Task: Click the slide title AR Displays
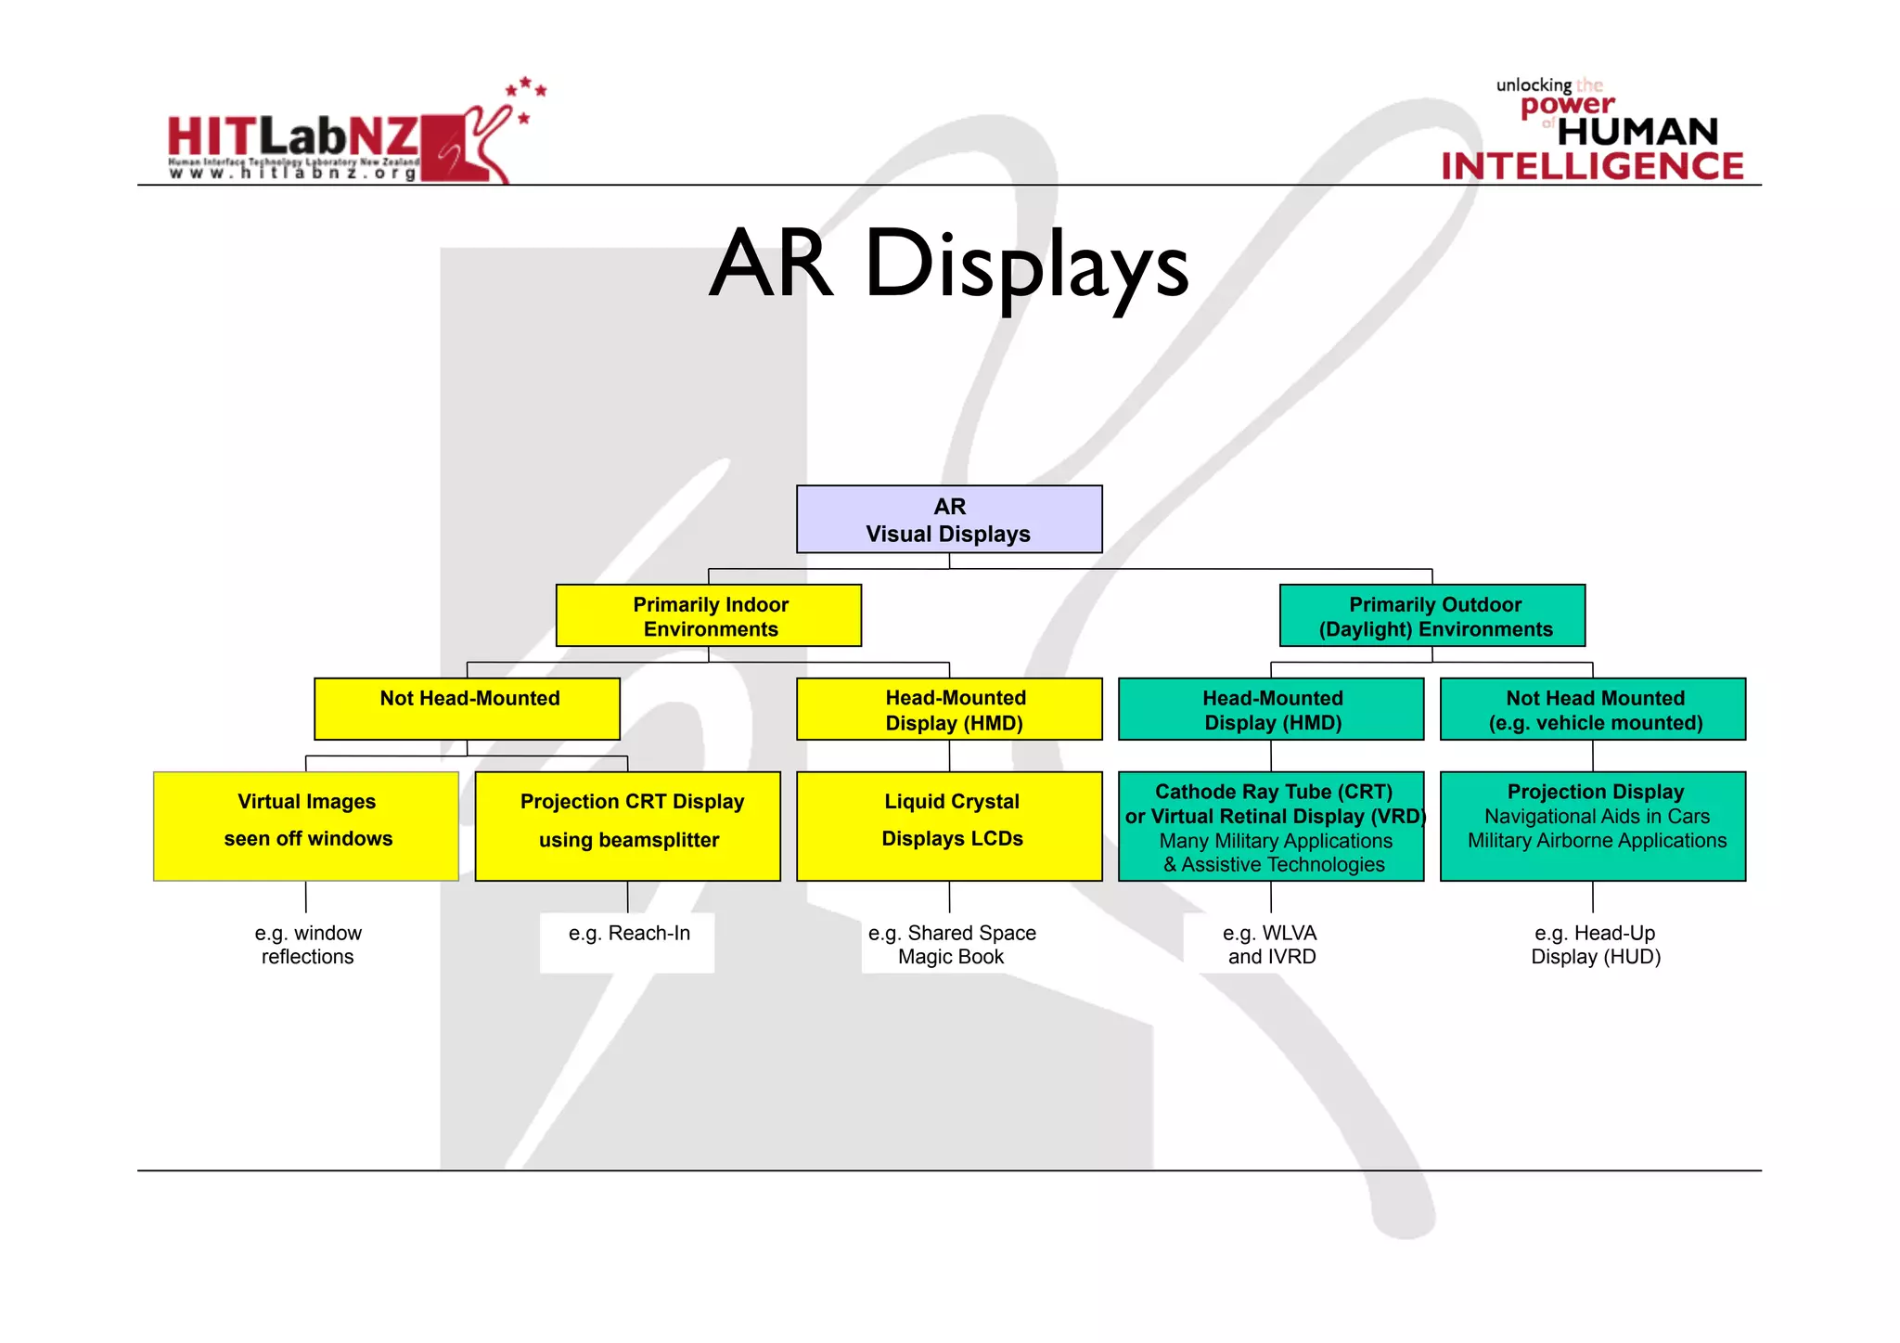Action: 948,265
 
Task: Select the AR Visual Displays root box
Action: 949,520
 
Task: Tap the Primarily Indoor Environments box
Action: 709,615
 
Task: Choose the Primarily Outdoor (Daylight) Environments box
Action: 1432,615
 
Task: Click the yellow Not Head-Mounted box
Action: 468,708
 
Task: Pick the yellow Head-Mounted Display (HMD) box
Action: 949,709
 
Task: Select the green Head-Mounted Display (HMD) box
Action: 1271,709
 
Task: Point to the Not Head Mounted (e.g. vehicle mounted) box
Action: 1593,709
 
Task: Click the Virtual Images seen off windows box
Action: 306,826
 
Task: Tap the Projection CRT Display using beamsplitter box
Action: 628,826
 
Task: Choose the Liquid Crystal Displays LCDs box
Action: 949,826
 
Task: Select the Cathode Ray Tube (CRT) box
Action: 1271,826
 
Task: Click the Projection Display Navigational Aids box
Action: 1593,826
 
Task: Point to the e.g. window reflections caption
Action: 307,945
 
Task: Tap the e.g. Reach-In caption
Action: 629,934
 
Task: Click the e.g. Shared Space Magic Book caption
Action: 951,945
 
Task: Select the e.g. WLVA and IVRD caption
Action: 1271,945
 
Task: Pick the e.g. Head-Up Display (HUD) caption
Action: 1595,945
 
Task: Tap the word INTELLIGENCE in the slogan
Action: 1592,167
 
